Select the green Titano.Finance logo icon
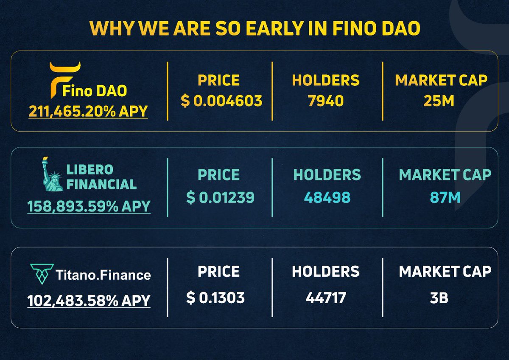[x=42, y=274]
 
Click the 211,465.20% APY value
[x=88, y=112]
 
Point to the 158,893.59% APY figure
[x=89, y=206]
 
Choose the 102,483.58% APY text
[x=89, y=301]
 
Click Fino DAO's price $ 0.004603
[x=221, y=101]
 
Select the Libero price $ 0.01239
[x=220, y=197]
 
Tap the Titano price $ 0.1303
[x=215, y=298]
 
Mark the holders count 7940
[x=326, y=101]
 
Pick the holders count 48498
[x=327, y=197]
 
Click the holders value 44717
[x=326, y=298]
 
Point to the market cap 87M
[x=445, y=197]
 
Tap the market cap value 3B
[x=439, y=298]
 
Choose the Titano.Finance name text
[x=103, y=275]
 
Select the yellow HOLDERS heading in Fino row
[x=326, y=80]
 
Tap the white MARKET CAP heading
[x=445, y=271]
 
